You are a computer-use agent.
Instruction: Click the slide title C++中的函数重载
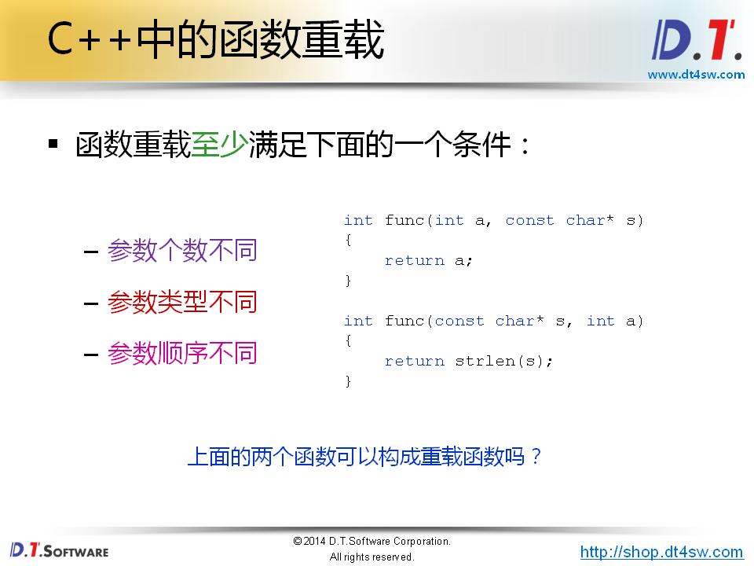tap(215, 42)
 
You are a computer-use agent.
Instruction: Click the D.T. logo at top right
tap(696, 42)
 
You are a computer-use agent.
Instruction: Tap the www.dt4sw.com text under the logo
tap(696, 75)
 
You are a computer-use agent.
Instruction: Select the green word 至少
tap(220, 145)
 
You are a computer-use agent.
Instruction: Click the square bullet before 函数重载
tap(53, 145)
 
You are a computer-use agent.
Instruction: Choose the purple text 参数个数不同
tap(182, 252)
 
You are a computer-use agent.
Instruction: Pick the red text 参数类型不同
tap(182, 303)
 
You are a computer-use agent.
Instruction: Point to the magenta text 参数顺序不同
tap(182, 354)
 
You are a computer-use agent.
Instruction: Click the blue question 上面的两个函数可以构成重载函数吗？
tap(365, 457)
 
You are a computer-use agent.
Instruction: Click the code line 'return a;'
tap(429, 261)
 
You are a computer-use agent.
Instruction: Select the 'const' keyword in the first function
tap(529, 221)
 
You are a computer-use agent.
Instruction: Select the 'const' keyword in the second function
tap(459, 321)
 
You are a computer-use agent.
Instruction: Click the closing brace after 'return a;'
tap(349, 281)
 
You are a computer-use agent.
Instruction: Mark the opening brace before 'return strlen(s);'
tap(349, 340)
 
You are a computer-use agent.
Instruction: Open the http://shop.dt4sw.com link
tap(661, 552)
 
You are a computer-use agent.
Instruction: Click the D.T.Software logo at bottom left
tap(59, 550)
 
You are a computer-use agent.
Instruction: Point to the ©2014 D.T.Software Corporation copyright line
tap(372, 542)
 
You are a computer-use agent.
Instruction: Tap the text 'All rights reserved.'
tap(372, 557)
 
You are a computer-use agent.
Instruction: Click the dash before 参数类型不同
tap(90, 303)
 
